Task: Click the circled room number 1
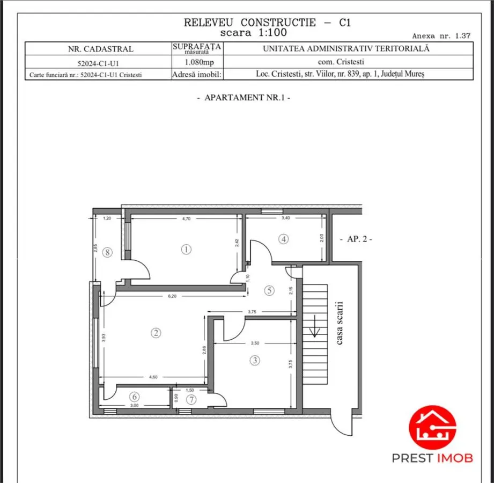186,250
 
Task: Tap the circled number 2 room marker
156,333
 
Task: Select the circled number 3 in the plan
255,360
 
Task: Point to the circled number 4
284,239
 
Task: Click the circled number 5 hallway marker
269,290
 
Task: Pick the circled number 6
135,397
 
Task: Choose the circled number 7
191,400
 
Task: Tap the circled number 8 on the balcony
107,252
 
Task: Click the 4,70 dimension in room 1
187,218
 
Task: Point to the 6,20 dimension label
172,296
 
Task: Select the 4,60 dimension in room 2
153,377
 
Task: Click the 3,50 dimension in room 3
255,343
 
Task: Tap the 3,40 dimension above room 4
286,218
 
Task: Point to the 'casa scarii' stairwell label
340,323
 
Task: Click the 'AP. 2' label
356,239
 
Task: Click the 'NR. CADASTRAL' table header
101,49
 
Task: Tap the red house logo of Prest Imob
432,428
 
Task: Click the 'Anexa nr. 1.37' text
441,36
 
